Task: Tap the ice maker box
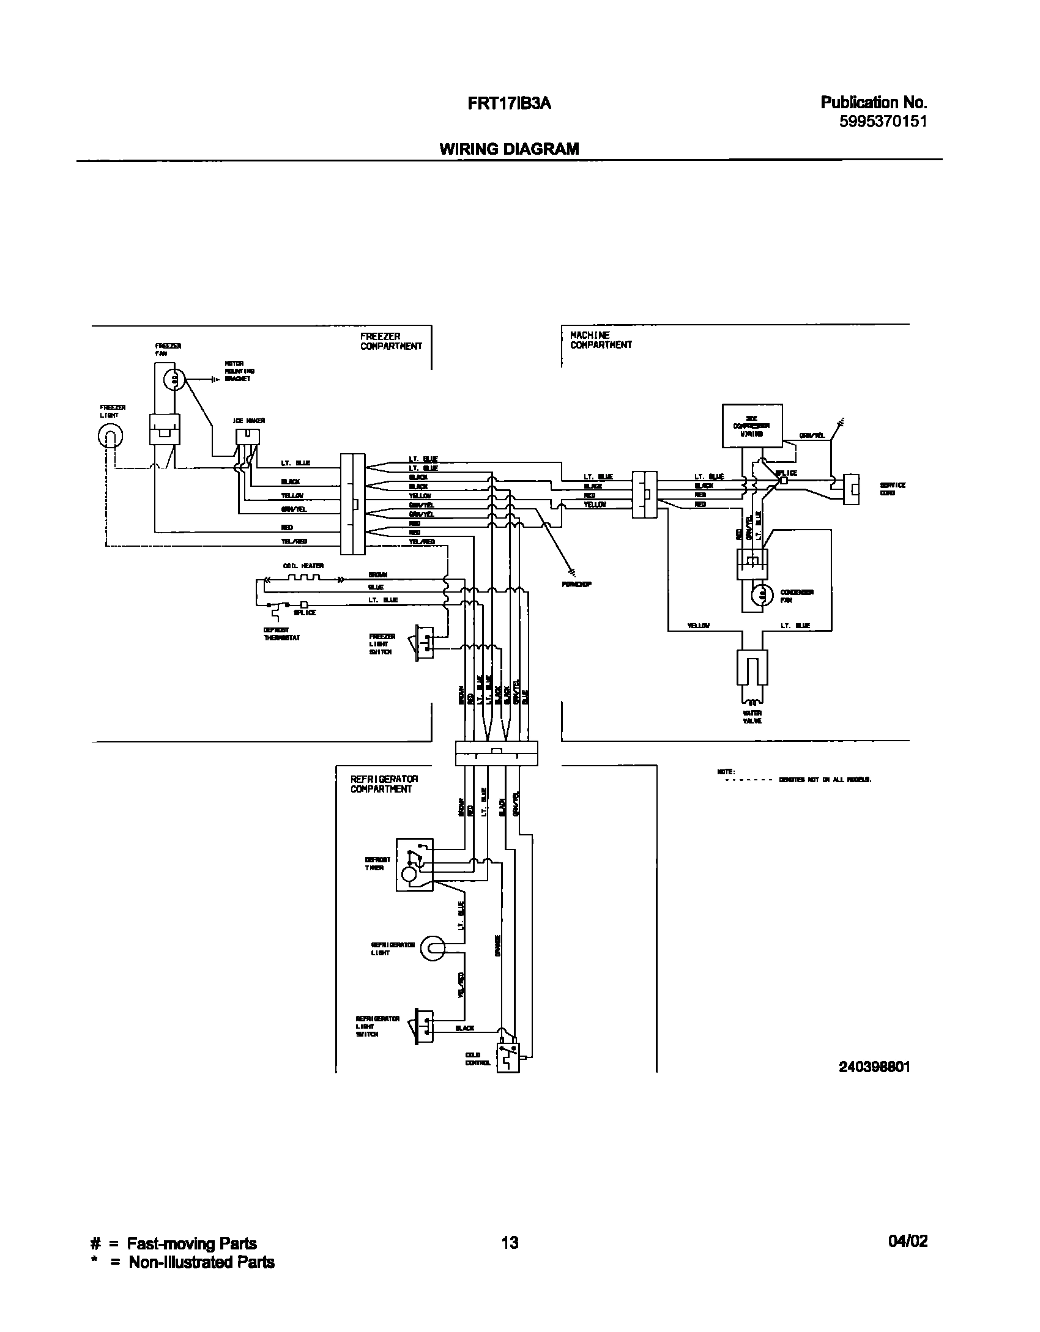point(248,436)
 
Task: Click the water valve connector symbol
point(752,667)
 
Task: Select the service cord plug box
point(851,489)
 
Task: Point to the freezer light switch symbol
point(425,642)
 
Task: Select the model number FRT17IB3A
point(509,104)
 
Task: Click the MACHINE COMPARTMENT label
point(601,340)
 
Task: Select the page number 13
point(509,1242)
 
